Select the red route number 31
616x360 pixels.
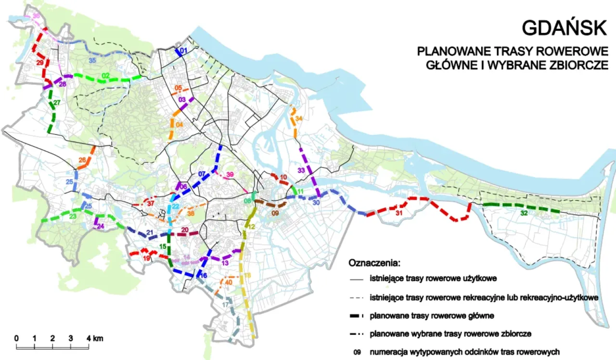click(x=398, y=213)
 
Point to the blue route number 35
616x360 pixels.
click(x=92, y=60)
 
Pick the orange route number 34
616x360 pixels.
click(x=299, y=118)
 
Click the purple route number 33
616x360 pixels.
click(x=302, y=170)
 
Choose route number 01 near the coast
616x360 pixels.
click(x=183, y=51)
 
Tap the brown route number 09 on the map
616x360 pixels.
click(x=275, y=213)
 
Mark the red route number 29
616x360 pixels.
click(x=39, y=63)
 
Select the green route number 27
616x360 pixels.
click(x=57, y=103)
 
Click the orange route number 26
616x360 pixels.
click(x=82, y=160)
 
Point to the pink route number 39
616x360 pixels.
click(x=230, y=174)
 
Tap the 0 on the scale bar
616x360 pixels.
click(x=17, y=337)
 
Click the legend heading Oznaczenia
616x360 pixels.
click(x=374, y=264)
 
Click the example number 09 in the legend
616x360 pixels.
click(x=357, y=352)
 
